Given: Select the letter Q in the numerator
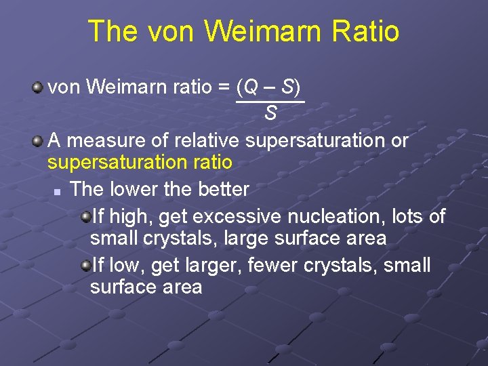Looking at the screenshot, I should click(x=251, y=87).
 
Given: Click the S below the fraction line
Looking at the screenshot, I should click(x=270, y=113).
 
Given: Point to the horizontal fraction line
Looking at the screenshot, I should click(x=270, y=101).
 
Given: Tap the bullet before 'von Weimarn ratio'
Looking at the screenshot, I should click(x=39, y=87).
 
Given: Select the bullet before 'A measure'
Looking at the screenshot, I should click(x=39, y=141).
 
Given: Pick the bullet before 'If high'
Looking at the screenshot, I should click(x=85, y=216).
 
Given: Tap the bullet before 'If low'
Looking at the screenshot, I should click(x=85, y=265).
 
